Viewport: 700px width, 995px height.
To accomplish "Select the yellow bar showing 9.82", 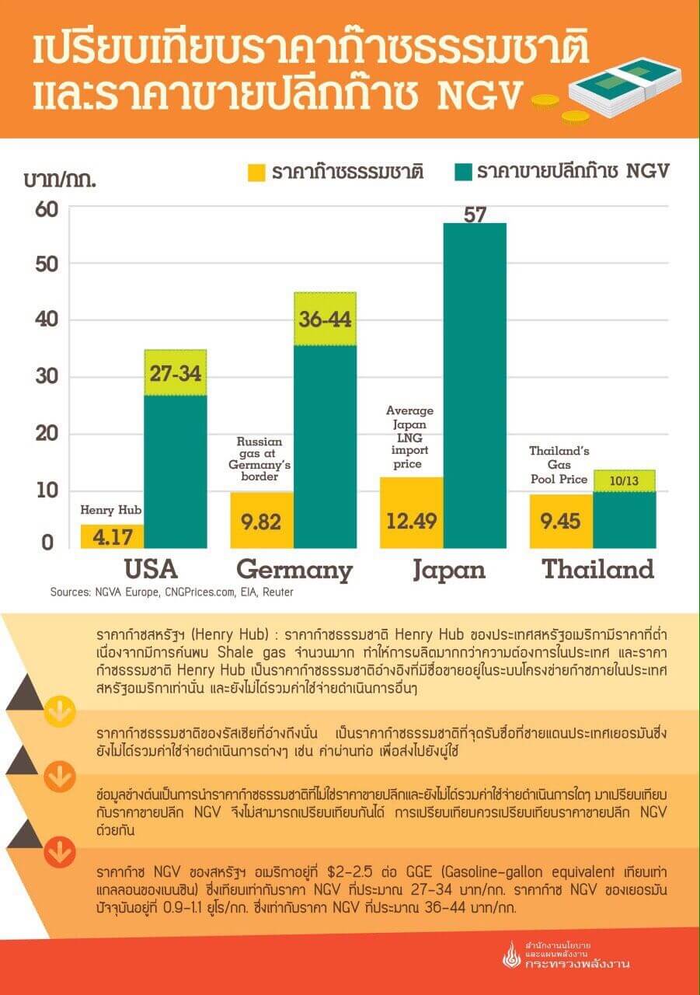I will pyautogui.click(x=262, y=520).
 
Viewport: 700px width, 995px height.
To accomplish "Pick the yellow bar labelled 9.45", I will pyautogui.click(x=560, y=521).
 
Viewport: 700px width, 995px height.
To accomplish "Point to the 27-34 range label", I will pyautogui.click(x=175, y=373).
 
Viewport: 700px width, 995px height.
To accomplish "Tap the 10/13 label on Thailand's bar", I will pyautogui.click(x=624, y=481).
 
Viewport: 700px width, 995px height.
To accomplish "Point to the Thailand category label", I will pyautogui.click(x=597, y=569).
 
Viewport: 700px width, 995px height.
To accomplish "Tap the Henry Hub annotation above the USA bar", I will pyautogui.click(x=110, y=510).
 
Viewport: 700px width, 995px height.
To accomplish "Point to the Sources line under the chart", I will pyautogui.click(x=172, y=592).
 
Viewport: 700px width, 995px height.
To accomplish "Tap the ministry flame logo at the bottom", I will pyautogui.click(x=511, y=955).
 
